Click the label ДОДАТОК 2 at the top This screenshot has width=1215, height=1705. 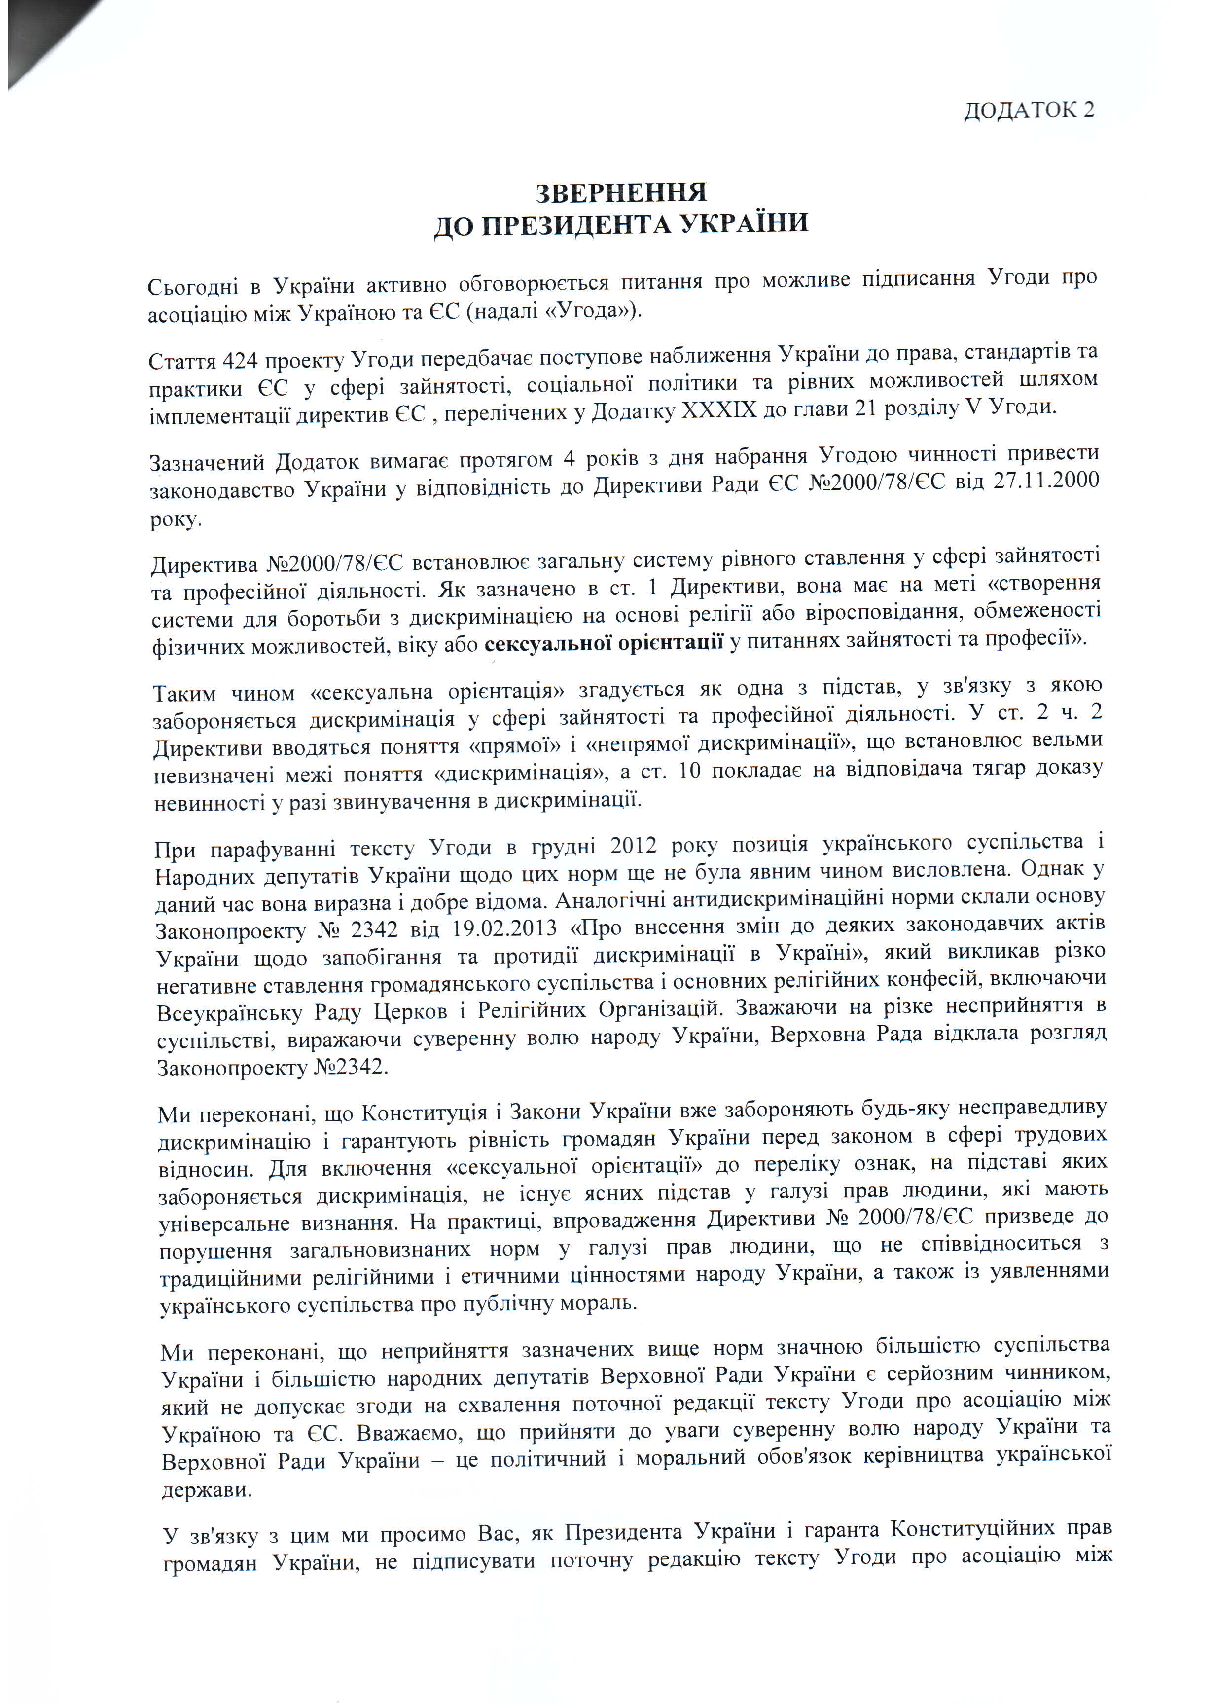pos(1028,110)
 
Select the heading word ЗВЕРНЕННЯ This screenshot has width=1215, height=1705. pos(621,192)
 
